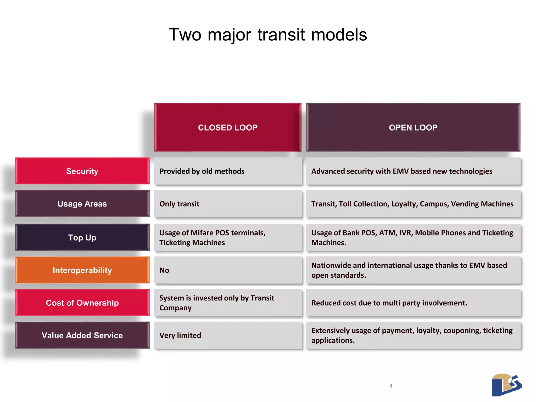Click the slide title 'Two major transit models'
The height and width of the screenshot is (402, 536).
pos(268,35)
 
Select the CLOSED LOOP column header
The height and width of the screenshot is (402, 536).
pos(228,127)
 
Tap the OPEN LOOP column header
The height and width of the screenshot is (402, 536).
pos(413,127)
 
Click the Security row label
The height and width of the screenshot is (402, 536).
pos(82,171)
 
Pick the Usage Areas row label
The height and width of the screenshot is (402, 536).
pos(82,204)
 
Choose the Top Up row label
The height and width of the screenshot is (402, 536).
pos(82,238)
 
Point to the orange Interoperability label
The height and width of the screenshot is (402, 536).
pos(82,270)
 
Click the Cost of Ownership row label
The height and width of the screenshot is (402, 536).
pos(82,303)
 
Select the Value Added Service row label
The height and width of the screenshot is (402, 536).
pos(82,336)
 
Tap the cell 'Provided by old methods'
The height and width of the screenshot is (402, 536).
pos(228,171)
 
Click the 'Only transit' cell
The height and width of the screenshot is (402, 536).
pos(228,204)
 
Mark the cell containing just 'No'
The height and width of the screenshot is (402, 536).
pos(228,270)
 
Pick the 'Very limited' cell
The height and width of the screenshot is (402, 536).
pos(228,336)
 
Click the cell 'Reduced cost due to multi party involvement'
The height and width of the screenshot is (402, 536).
pos(413,303)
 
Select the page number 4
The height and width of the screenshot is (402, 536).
pos(391,386)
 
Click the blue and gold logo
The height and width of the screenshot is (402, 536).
pos(506,385)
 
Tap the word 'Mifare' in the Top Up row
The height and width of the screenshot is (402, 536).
pos(202,233)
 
